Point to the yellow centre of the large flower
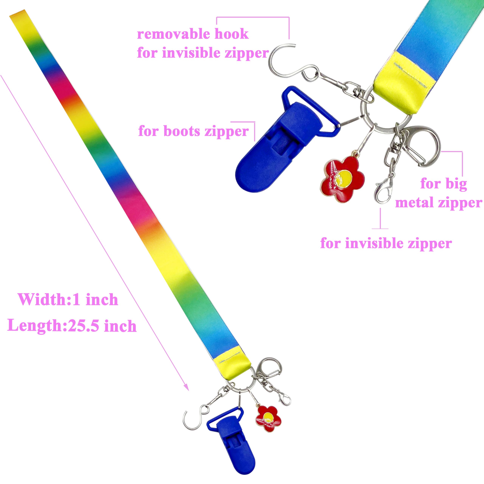click(345, 177)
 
